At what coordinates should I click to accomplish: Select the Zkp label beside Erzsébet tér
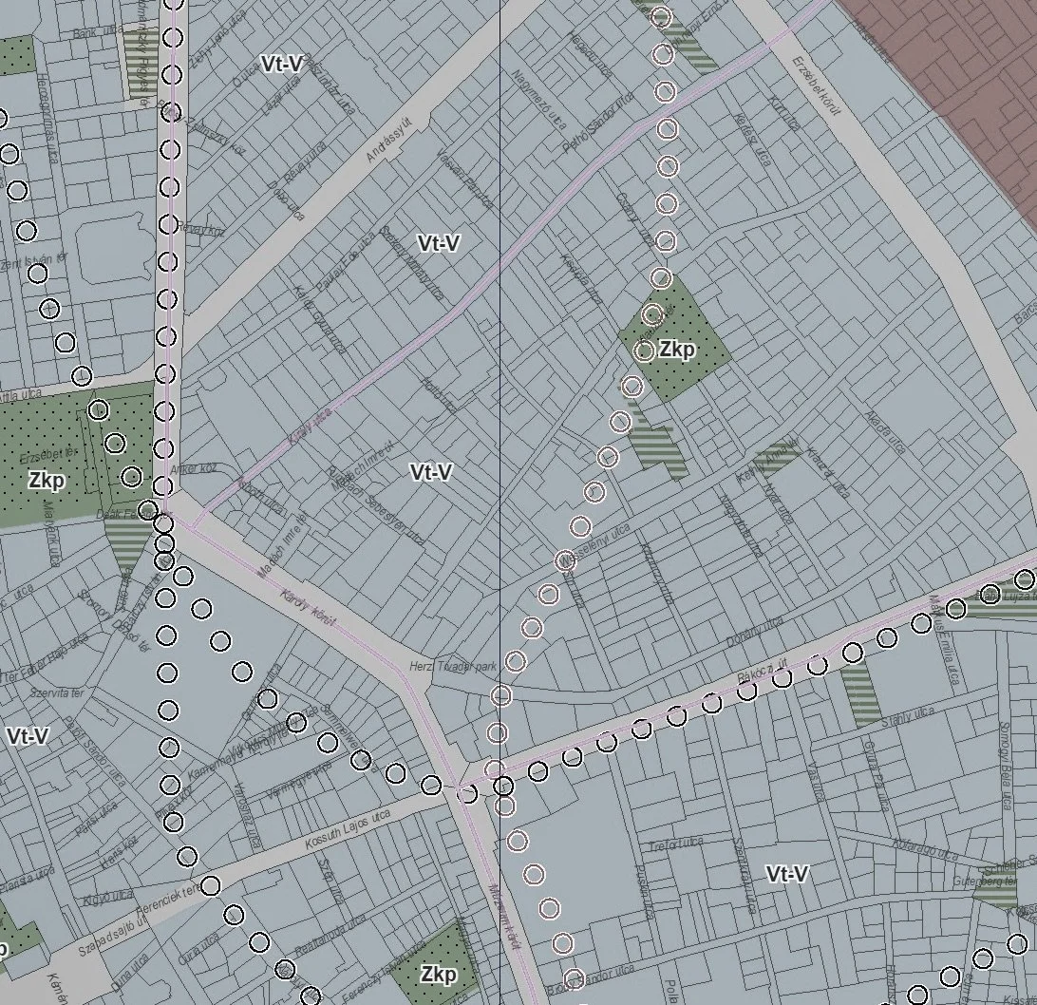pyautogui.click(x=46, y=481)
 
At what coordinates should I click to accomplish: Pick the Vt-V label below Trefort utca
pyautogui.click(x=786, y=874)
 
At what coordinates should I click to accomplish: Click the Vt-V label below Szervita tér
pyautogui.click(x=28, y=736)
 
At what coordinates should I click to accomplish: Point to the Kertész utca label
pyautogui.click(x=750, y=138)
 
